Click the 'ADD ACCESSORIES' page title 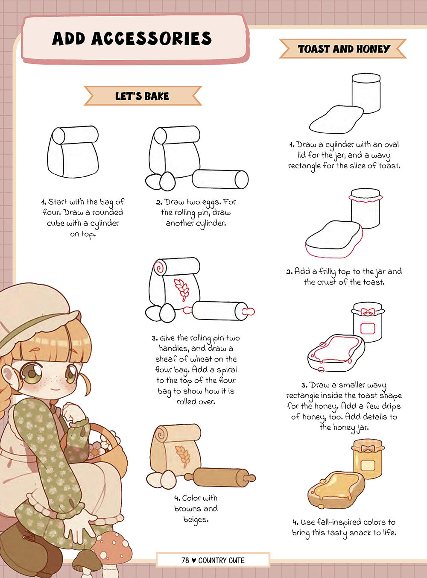coord(132,39)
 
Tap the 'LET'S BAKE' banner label coord(142,96)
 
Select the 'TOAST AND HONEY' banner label coord(344,49)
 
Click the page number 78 coord(185,560)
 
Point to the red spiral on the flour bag coord(159,267)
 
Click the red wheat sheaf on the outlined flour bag coord(181,290)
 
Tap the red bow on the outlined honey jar coord(368,311)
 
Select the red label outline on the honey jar coord(368,329)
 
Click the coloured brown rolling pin coord(220,478)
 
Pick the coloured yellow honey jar coord(368,458)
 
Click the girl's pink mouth coord(55,390)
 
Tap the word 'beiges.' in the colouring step coord(196,519)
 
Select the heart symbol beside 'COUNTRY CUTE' coord(193,560)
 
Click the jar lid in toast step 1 coord(366,77)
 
